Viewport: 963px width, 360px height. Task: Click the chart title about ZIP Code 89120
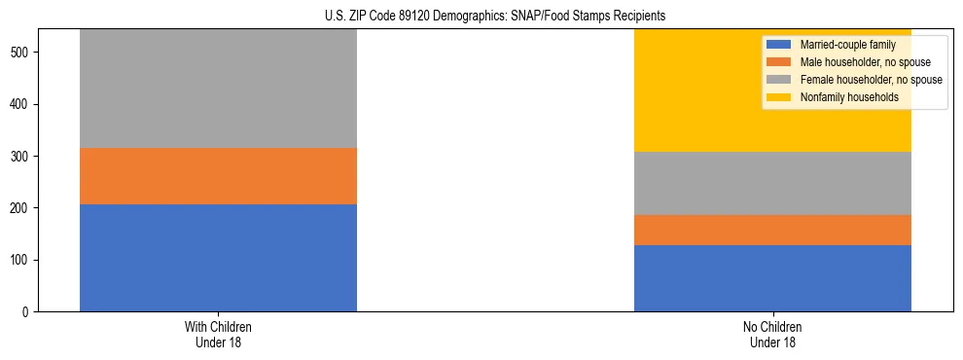point(495,16)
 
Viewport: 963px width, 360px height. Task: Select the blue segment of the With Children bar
point(218,258)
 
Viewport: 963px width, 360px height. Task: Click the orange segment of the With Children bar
point(218,176)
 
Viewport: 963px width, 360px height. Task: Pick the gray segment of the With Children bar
point(218,89)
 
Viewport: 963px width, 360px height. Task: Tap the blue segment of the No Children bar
point(772,278)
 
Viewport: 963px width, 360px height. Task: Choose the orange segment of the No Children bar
point(772,230)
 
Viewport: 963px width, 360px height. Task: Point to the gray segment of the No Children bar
point(772,183)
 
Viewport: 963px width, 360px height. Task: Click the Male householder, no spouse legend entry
point(856,62)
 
